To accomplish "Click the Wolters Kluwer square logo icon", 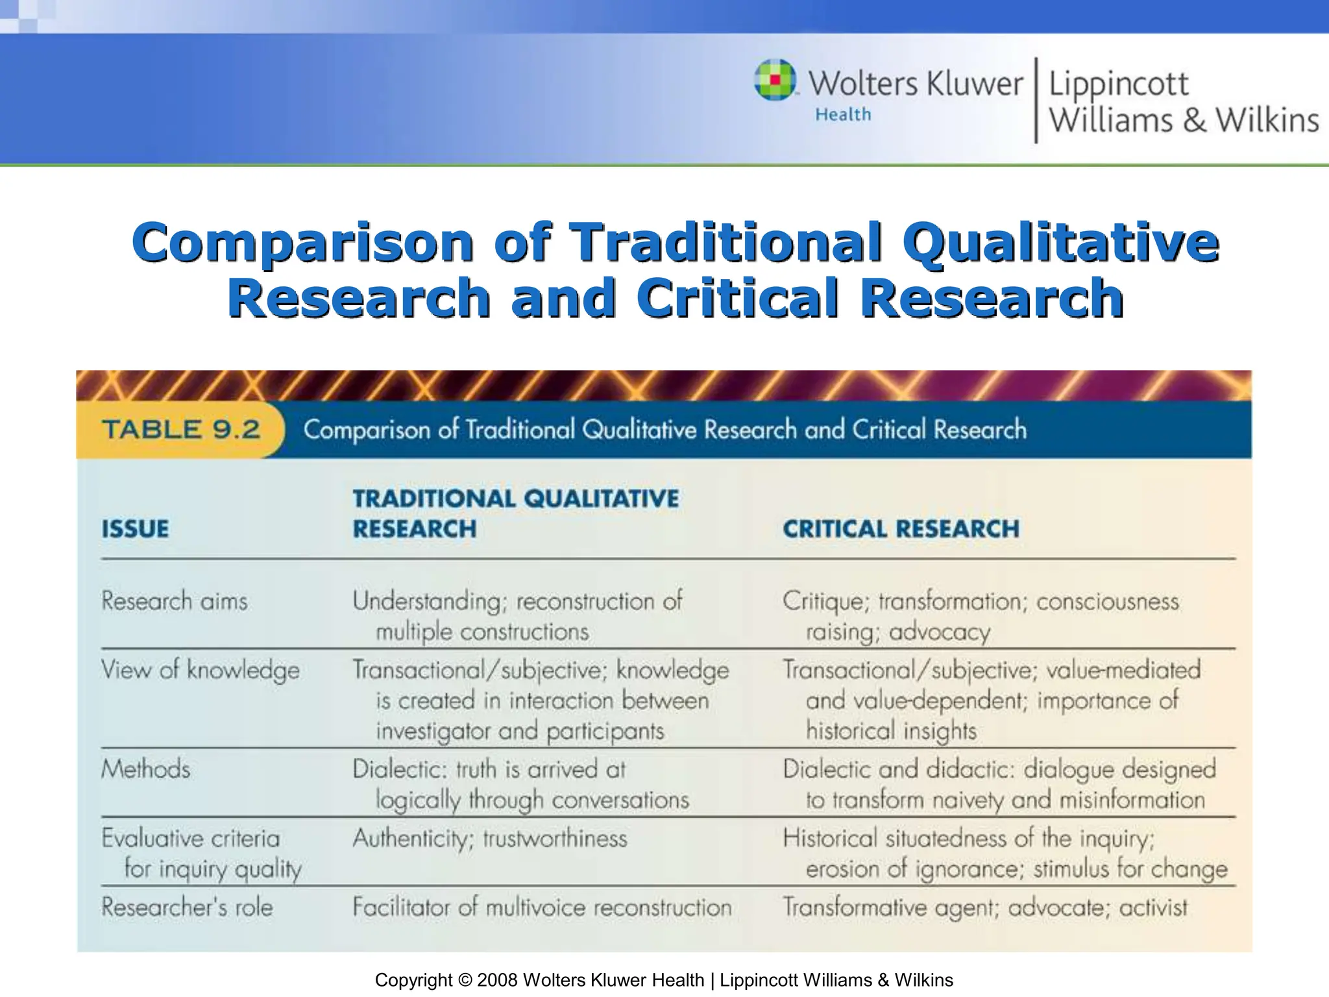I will [775, 80].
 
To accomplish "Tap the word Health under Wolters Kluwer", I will [843, 115].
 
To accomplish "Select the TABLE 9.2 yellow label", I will [181, 430].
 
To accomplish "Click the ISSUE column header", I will [135, 529].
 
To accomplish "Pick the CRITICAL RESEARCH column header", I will [901, 529].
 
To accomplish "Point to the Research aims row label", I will [175, 601].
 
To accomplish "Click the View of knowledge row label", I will [201, 670].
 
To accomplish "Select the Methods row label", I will [146, 769].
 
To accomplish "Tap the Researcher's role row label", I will [187, 907].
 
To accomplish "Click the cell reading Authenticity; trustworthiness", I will [490, 839].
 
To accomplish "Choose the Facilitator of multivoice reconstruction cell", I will [542, 907].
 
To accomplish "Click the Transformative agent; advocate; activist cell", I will [984, 907].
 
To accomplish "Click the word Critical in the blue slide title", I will [738, 298].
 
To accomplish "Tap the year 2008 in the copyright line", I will [497, 980].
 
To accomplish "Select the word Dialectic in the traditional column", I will [400, 770].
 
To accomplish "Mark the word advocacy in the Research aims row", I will [940, 632].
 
